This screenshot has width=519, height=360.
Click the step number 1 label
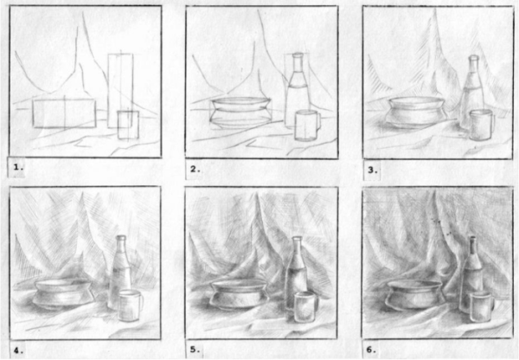(x=18, y=167)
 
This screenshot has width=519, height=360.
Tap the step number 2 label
(x=195, y=170)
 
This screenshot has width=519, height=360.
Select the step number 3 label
(x=373, y=170)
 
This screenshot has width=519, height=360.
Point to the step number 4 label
(x=18, y=350)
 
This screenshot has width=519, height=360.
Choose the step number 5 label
(x=195, y=350)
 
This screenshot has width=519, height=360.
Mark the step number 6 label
(x=371, y=350)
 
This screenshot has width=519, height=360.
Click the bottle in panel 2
(x=298, y=90)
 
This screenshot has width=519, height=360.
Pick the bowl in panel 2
(x=240, y=112)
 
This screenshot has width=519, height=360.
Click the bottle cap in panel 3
(x=474, y=59)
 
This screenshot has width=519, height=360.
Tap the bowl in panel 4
(x=62, y=294)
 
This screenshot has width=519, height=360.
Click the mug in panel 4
(x=131, y=305)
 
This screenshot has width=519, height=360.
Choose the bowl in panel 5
(x=239, y=294)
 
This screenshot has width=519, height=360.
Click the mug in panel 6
(x=482, y=306)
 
